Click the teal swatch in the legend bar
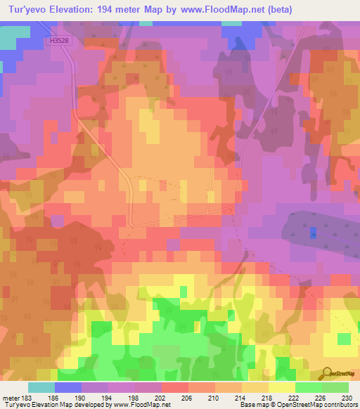[x=41, y=387]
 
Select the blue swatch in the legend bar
[x=68, y=387]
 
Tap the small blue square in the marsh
[x=313, y=231]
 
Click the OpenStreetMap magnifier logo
[x=328, y=373]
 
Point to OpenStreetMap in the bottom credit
[x=314, y=405]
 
